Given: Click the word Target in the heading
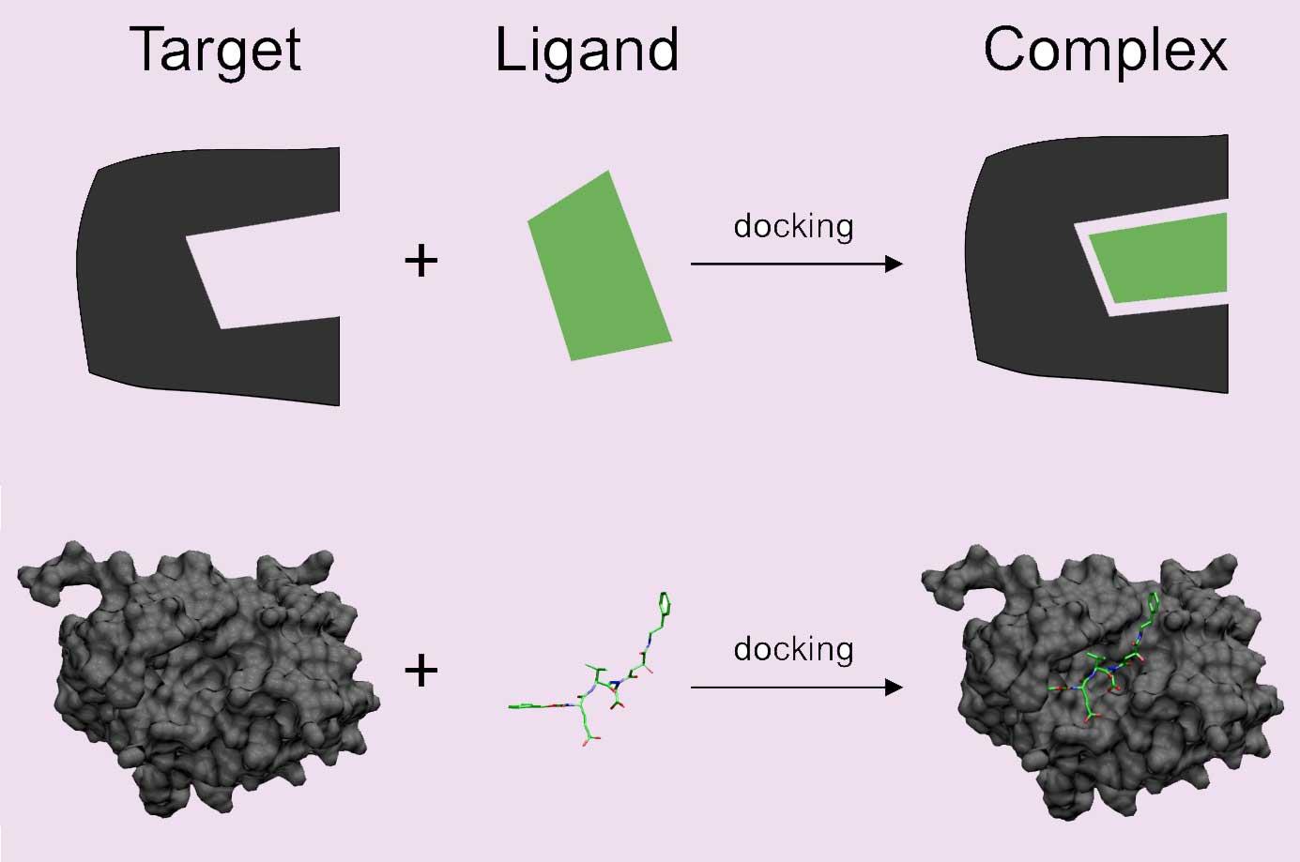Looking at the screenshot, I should tap(216, 50).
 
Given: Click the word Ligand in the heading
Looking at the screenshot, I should tap(587, 50).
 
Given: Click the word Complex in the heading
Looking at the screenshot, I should tap(1105, 50).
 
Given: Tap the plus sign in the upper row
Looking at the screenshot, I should tap(421, 260).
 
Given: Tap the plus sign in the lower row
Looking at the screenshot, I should tap(421, 671).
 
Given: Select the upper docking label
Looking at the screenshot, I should tap(793, 227).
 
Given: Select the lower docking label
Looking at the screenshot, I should tap(793, 649).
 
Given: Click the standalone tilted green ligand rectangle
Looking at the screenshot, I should tap(599, 265).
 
